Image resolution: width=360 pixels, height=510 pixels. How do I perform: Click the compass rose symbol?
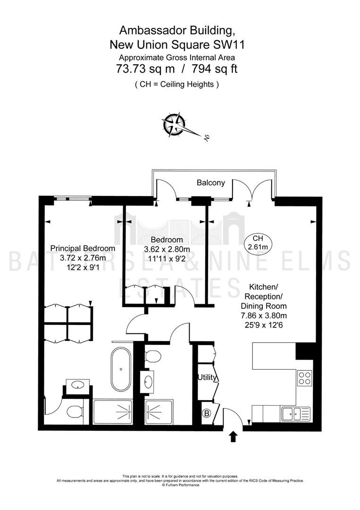point(174,124)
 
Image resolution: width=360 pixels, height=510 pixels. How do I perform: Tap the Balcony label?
point(211,183)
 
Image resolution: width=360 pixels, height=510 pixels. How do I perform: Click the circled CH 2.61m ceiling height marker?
point(258,243)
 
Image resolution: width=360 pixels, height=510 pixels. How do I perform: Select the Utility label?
point(207,377)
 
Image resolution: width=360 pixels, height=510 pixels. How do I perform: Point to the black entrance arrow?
point(233,436)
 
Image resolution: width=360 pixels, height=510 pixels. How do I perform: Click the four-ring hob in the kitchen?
point(304,378)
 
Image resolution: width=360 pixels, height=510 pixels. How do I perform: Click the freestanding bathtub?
point(121,369)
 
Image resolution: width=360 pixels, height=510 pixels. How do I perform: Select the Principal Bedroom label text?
point(83,248)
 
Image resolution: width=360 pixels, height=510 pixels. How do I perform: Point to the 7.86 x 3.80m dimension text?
point(263,315)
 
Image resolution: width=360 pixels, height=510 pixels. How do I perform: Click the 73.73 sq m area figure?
point(145,69)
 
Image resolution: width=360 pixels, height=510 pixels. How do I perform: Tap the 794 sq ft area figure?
point(214,69)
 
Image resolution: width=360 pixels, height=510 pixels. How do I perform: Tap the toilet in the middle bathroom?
point(152,356)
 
